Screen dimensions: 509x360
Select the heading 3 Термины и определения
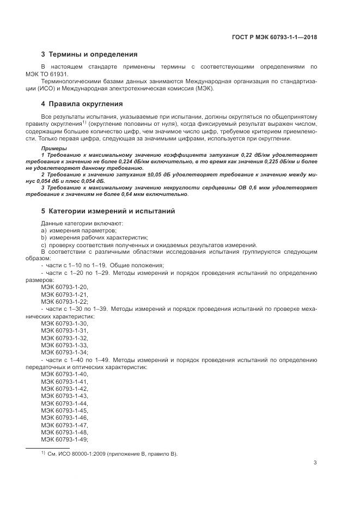pyautogui.click(x=89, y=54)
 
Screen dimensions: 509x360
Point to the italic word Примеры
pyautogui.click(x=54, y=148)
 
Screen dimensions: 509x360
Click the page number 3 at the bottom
pyautogui.click(x=315, y=463)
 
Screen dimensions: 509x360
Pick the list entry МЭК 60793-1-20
pyautogui.click(x=64, y=287)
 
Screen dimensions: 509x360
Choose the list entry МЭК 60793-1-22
pyautogui.click(x=64, y=301)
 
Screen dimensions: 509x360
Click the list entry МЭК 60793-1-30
pyautogui.click(x=64, y=323)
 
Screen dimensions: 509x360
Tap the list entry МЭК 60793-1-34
pyautogui.click(x=64, y=352)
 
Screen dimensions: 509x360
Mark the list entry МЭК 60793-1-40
pyautogui.click(x=64, y=375)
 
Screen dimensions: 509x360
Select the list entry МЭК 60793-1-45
pyautogui.click(x=64, y=410)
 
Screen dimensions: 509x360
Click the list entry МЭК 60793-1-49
pyautogui.click(x=64, y=439)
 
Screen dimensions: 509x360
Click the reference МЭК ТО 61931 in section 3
pyautogui.click(x=60, y=74)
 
